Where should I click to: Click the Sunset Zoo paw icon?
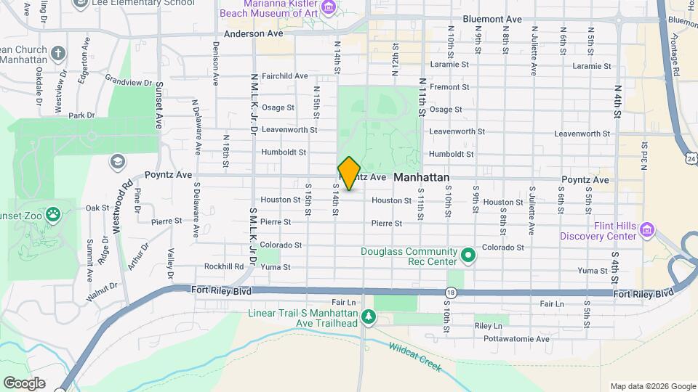point(54,214)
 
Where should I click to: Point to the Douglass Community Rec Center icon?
point(469,256)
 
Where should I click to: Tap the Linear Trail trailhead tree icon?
point(369,317)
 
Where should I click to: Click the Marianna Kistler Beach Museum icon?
point(329,8)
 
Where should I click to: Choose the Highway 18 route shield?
point(451,292)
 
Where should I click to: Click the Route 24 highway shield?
point(691,158)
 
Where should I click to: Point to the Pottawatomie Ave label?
point(522,339)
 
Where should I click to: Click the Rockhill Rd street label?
point(223,266)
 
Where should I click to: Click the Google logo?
point(24,383)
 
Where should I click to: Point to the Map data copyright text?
point(653,386)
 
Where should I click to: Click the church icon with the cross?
point(57,53)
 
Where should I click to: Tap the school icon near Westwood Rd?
point(117,160)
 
